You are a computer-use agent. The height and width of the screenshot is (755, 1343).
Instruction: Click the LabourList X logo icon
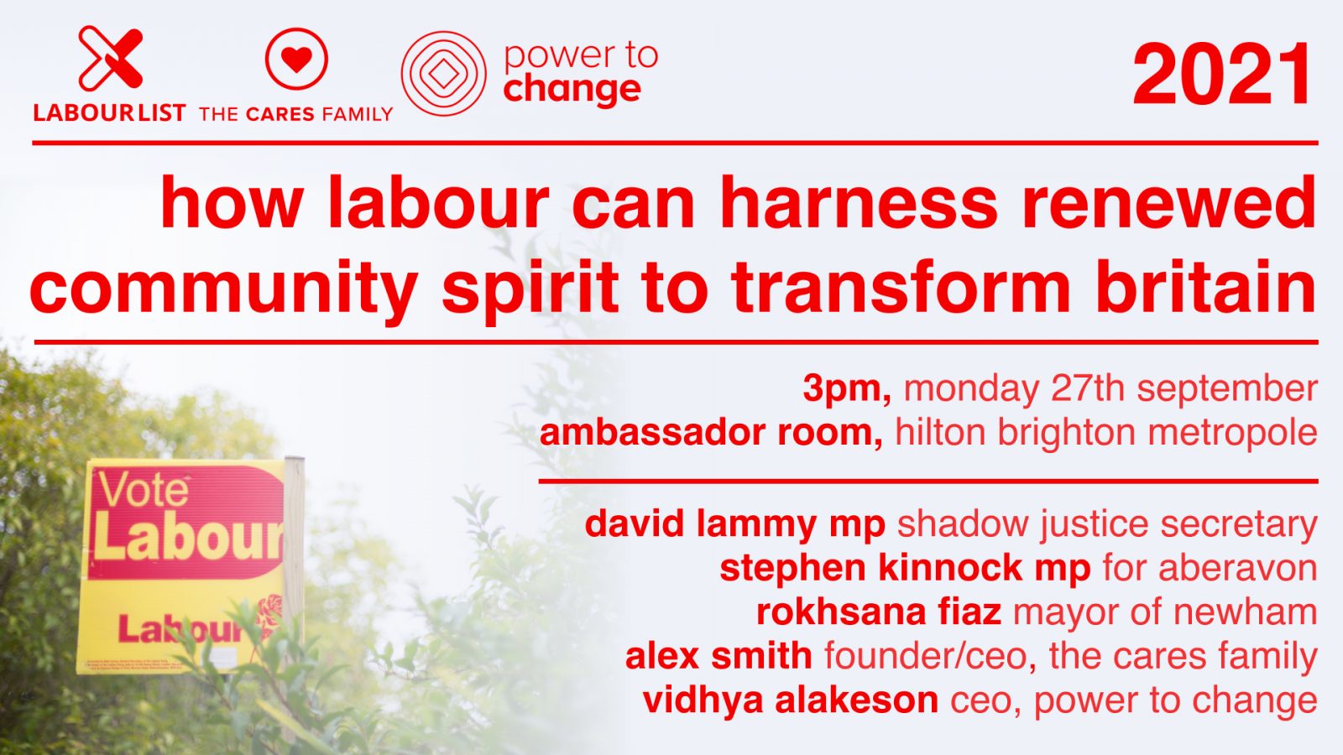point(110,58)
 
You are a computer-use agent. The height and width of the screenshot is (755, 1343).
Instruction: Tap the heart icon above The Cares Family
point(295,59)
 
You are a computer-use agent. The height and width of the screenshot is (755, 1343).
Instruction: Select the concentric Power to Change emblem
point(443,74)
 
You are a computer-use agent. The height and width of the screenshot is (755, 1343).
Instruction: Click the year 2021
point(1223,75)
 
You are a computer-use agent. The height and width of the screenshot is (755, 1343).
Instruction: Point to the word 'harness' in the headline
point(859,204)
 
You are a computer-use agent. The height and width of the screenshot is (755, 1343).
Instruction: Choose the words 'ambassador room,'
point(711,433)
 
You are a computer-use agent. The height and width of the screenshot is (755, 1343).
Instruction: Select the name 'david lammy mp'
point(735,524)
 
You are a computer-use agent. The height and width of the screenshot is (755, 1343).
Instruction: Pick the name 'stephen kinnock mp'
point(905,568)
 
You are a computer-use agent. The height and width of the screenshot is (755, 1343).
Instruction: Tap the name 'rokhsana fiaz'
point(879,612)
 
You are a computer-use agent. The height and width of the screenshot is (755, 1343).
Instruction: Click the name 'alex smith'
point(719,655)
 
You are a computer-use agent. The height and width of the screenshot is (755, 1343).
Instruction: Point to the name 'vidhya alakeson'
point(790,700)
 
